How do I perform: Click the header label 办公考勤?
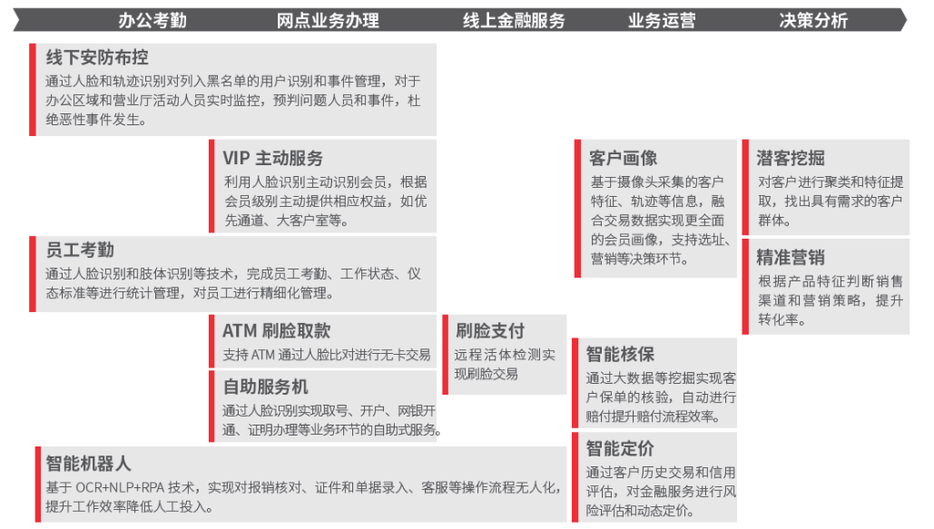click(x=152, y=21)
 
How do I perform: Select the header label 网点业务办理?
click(x=328, y=21)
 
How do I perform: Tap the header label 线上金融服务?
click(x=514, y=21)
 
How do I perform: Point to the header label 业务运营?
click(x=662, y=21)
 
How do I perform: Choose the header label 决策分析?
click(x=813, y=21)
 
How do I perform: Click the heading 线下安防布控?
click(x=97, y=57)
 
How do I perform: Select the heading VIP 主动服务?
click(x=273, y=158)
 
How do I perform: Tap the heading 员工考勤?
click(x=80, y=250)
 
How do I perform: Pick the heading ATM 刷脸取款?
click(x=276, y=330)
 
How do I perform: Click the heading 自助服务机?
click(x=266, y=387)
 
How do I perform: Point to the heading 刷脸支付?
click(x=490, y=330)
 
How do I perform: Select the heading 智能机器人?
click(x=88, y=464)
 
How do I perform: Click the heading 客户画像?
click(x=623, y=158)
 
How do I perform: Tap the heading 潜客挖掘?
click(x=791, y=158)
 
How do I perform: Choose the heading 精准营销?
click(x=791, y=258)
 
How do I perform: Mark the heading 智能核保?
click(x=620, y=354)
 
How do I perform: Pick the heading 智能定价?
click(x=620, y=448)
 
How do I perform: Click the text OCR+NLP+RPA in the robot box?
click(x=120, y=487)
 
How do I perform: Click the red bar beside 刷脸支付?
click(x=445, y=355)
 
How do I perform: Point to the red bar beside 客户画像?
click(x=577, y=209)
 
